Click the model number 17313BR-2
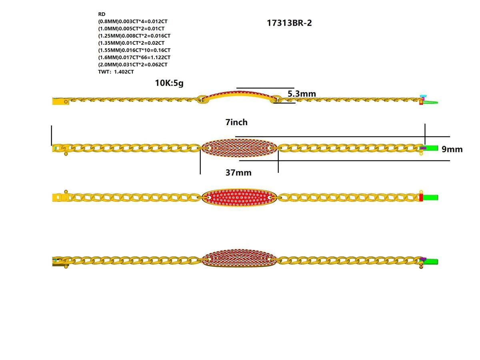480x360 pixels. [289, 23]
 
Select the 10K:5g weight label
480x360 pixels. [169, 83]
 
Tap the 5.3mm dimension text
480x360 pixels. [302, 94]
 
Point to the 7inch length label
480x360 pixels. [236, 122]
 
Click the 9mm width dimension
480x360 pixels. [452, 149]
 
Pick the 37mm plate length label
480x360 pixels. [238, 173]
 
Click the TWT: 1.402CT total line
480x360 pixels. [116, 72]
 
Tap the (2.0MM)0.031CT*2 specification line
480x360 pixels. [133, 65]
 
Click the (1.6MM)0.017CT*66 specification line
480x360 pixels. [134, 58]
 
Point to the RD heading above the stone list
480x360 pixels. [102, 14]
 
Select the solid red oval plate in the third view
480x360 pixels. [239, 198]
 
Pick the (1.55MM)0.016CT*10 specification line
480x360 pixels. [134, 50]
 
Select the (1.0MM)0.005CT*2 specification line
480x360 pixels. [131, 29]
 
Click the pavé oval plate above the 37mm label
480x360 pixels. [239, 148]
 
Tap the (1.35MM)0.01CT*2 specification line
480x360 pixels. [131, 43]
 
